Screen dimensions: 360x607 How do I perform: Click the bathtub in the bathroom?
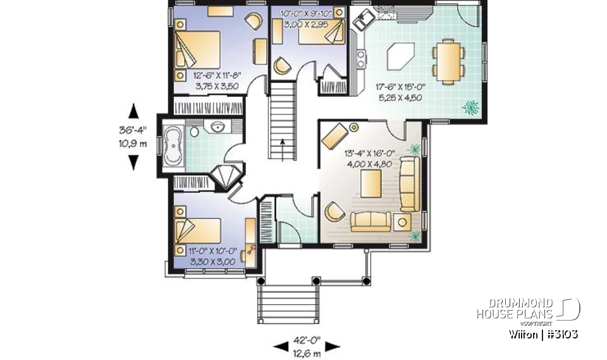(173, 146)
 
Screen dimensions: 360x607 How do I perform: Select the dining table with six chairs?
(450, 61)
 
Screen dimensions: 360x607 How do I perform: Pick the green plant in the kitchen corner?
(470, 108)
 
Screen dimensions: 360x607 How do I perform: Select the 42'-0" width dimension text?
(307, 345)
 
